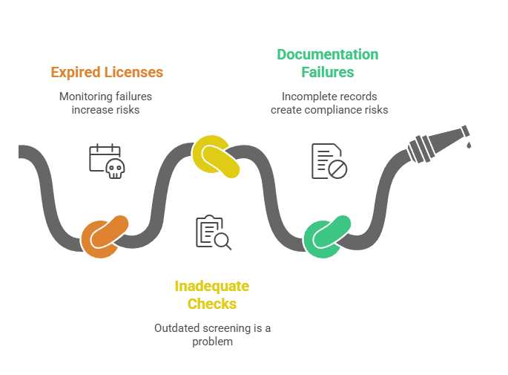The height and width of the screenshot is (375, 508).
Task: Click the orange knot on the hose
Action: click(x=105, y=237)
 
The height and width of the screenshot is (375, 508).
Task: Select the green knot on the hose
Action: click(x=326, y=237)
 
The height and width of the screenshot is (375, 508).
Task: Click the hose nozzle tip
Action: click(x=466, y=131)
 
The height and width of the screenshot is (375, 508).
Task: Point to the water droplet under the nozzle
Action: click(x=469, y=145)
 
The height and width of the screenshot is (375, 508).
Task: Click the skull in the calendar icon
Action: click(x=116, y=169)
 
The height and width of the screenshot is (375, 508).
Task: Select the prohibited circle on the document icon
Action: click(x=337, y=169)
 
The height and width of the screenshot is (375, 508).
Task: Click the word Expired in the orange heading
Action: click(x=75, y=72)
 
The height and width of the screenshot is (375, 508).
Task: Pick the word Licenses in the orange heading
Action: click(x=133, y=72)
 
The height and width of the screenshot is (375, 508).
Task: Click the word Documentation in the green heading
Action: click(x=328, y=54)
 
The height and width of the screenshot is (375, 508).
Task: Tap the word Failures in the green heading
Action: click(x=328, y=72)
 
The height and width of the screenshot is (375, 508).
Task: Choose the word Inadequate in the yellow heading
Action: click(x=212, y=287)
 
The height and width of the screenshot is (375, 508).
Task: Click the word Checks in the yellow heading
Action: click(x=212, y=304)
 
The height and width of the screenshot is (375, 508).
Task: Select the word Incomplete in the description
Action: click(x=303, y=97)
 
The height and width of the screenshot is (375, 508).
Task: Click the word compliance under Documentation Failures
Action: click(x=333, y=110)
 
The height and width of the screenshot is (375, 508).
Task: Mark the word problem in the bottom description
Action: click(x=213, y=342)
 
